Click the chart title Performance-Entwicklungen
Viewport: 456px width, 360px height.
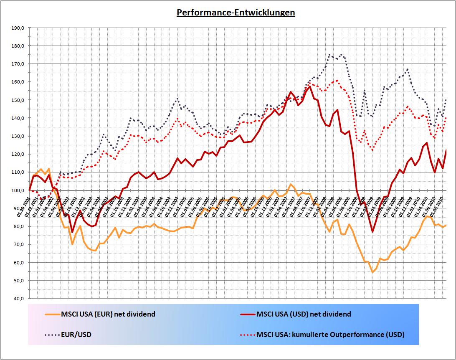click(236, 13)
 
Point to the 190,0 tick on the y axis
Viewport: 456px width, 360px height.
click(19, 28)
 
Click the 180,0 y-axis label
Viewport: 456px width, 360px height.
click(19, 46)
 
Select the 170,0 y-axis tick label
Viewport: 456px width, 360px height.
click(19, 64)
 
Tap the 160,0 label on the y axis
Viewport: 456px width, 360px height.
click(19, 82)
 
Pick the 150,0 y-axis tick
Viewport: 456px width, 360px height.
click(19, 100)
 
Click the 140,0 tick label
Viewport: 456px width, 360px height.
click(19, 118)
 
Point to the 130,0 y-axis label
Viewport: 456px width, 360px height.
click(19, 136)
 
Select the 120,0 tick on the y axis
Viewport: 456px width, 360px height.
click(19, 154)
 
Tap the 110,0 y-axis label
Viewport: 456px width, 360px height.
click(19, 172)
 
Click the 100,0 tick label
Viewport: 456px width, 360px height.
click(19, 190)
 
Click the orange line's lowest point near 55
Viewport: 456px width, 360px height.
click(372, 272)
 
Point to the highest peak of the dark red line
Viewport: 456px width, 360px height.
click(309, 86)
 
